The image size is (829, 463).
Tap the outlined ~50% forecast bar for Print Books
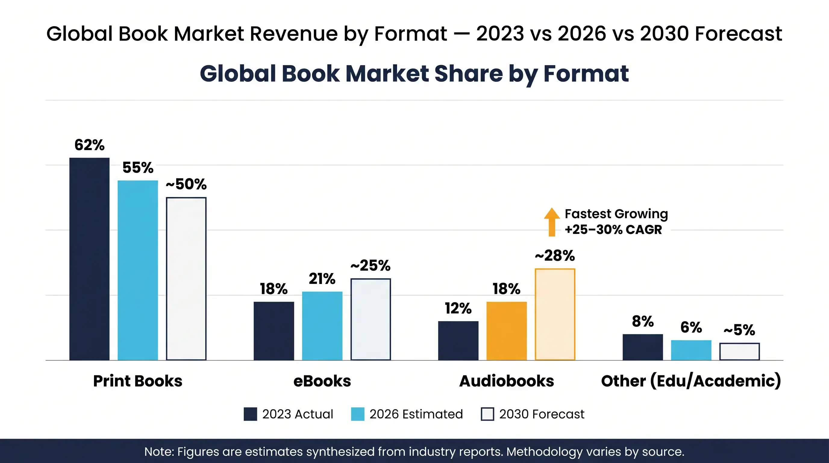186,279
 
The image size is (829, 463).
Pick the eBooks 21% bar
322,326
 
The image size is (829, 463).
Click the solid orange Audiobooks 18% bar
507,331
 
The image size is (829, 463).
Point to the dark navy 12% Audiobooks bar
458,340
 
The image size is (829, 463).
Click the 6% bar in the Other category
691,350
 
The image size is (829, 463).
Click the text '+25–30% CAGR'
613,230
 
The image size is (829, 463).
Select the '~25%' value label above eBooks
371,266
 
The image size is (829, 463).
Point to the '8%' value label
643,321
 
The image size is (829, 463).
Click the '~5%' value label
739,330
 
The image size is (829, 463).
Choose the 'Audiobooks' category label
507,381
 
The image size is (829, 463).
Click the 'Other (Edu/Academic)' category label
691,381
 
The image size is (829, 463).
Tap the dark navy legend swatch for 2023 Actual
250,414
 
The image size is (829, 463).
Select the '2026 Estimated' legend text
416,414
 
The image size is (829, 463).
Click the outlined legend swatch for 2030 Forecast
487,414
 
